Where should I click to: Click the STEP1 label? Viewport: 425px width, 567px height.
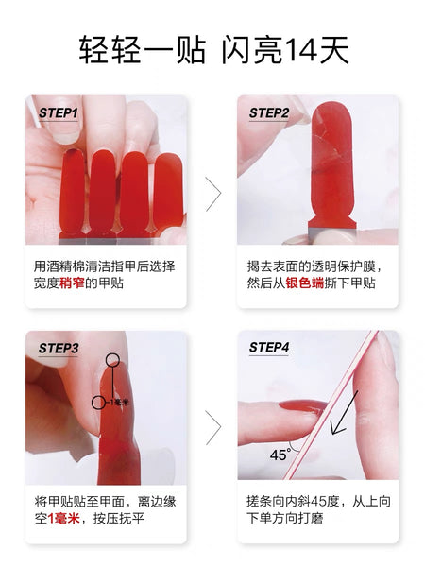[59, 112]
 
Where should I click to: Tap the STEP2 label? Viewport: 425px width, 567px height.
[269, 112]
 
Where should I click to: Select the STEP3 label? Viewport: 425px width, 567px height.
[59, 348]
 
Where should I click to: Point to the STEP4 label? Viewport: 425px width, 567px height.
[269, 348]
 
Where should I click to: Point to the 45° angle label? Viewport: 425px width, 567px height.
[280, 455]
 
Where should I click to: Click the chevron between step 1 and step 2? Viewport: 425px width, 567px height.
[213, 194]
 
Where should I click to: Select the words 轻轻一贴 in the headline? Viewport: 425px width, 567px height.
[140, 48]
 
